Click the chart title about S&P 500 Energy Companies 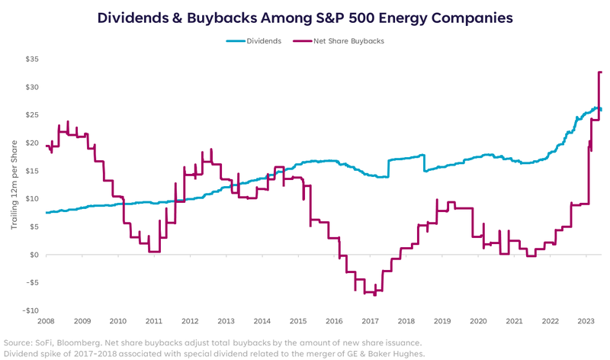point(305,17)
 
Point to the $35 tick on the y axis point(31,59)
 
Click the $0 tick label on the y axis point(34,255)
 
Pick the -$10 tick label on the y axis point(30,310)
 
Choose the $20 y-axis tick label point(31,143)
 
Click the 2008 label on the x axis point(47,322)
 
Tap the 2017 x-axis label point(370,322)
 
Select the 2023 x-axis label point(586,322)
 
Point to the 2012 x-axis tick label point(190,322)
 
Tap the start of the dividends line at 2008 point(47,213)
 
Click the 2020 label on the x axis point(478,322)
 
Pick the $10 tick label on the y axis point(32,198)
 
